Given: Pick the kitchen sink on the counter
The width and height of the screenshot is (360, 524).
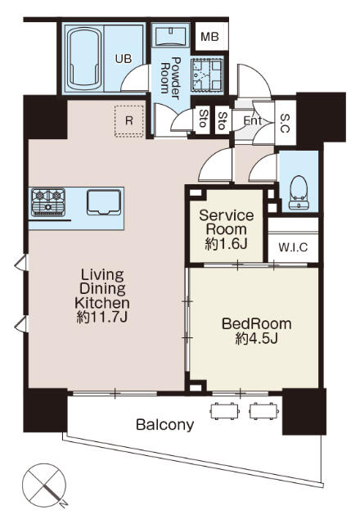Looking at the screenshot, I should pyautogui.click(x=104, y=201).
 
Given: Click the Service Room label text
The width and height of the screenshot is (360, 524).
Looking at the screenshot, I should pyautogui.click(x=227, y=222).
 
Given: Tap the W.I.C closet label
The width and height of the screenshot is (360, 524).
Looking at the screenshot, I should pyautogui.click(x=291, y=246).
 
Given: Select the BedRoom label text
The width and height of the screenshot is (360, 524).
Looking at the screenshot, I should pyautogui.click(x=256, y=323).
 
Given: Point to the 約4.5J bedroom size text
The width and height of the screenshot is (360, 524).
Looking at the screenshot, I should pyautogui.click(x=256, y=338).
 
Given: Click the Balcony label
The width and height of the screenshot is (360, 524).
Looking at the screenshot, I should pyautogui.click(x=164, y=425).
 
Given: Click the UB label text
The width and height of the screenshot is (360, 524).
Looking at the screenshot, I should pyautogui.click(x=123, y=58).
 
